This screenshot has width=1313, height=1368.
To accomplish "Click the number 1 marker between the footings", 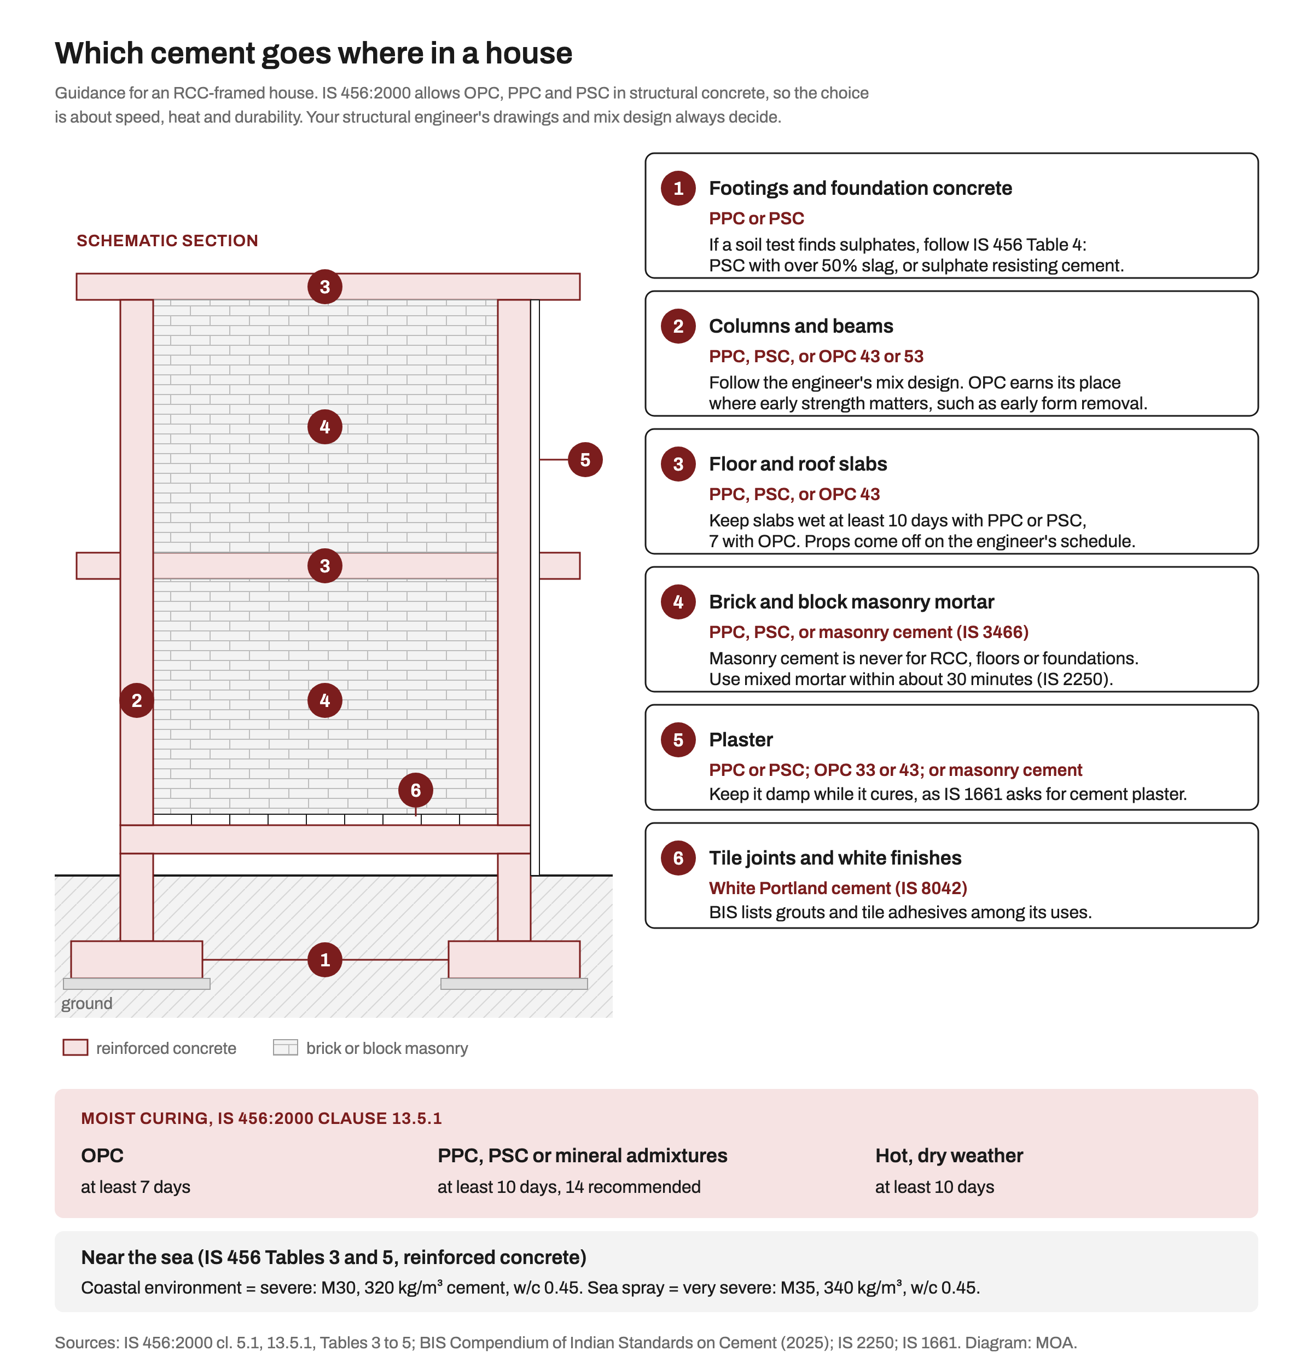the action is coord(324,960).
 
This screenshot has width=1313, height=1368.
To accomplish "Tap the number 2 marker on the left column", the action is coord(137,700).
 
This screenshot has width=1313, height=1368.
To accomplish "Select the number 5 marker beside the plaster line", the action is coord(585,459).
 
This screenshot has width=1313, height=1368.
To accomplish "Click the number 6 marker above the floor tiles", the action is coord(416,790).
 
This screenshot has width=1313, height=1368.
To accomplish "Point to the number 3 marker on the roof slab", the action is coord(324,286).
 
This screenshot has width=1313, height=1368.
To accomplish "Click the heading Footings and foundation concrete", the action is coord(860,188).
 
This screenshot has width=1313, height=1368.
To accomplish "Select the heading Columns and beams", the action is coord(801,326).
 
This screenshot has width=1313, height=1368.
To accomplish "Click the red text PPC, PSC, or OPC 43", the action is coord(794,494).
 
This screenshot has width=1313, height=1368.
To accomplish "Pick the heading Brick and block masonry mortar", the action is coord(851,601).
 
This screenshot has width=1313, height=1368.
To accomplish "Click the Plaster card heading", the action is coord(741,740).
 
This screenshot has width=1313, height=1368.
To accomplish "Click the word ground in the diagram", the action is coord(86,1003).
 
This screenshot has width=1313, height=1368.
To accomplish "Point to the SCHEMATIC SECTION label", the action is coord(167,241).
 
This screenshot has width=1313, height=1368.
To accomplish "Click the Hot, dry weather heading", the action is coord(949,1156).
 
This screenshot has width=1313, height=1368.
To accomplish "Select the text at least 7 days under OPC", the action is coord(135,1186).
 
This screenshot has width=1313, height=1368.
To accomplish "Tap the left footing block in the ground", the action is coord(137,960).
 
